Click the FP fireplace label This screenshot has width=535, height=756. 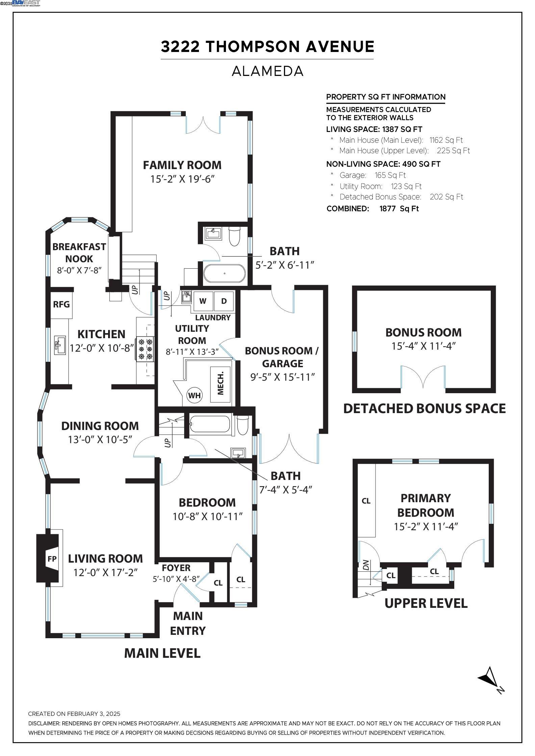[52, 559]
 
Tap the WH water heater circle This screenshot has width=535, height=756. [194, 395]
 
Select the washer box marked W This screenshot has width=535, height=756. [203, 301]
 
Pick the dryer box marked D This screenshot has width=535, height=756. [224, 301]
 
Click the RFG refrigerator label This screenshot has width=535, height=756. [61, 304]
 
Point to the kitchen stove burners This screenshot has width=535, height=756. [146, 349]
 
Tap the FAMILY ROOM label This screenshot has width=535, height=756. [182, 165]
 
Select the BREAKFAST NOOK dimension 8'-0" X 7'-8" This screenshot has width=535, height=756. [79, 270]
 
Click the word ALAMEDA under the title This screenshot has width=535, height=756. [267, 71]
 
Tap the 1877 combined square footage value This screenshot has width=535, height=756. [387, 209]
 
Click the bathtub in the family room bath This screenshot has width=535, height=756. [225, 273]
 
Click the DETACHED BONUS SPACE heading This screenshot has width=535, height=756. [425, 408]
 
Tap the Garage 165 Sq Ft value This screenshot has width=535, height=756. [390, 175]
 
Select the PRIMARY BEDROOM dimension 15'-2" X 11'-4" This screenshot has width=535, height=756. [426, 526]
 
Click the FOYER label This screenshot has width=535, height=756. [176, 568]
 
